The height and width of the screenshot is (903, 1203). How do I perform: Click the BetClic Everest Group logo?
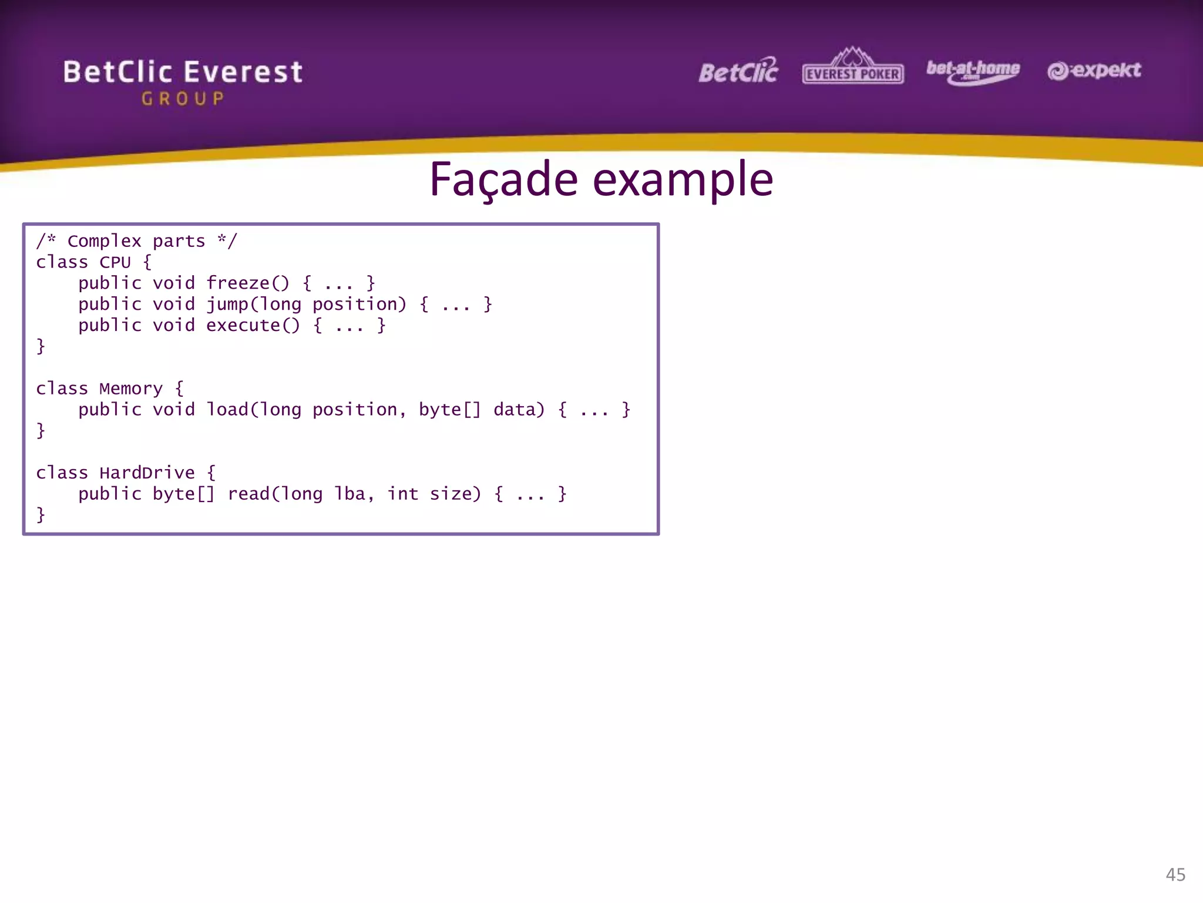(x=183, y=81)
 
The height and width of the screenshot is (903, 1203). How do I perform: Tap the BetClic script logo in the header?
(x=738, y=71)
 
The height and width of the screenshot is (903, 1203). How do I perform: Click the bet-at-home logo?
(x=973, y=71)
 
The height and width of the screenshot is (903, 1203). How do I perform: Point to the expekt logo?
(x=1094, y=71)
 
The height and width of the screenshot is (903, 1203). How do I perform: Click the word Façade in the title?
(x=504, y=179)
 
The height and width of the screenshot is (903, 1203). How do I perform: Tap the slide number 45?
(x=1175, y=874)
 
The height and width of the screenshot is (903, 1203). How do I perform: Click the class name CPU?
(x=115, y=262)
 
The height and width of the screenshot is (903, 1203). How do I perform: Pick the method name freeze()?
(x=247, y=283)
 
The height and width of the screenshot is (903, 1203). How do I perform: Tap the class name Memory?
(x=130, y=389)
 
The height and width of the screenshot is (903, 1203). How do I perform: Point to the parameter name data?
(x=519, y=409)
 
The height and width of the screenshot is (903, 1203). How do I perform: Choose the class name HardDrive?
(x=147, y=473)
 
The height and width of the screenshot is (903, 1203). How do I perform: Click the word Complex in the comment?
(x=105, y=241)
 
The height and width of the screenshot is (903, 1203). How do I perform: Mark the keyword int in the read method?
(x=402, y=494)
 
